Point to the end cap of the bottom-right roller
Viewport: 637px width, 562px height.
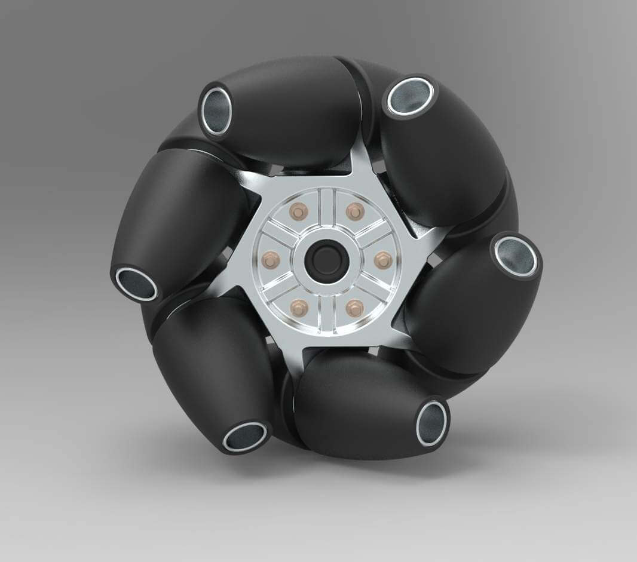431,422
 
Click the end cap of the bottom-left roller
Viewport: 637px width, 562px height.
245,437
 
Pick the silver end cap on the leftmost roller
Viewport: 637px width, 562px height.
136,284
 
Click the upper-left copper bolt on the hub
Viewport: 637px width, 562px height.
297,211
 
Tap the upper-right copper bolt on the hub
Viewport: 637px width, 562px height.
354,211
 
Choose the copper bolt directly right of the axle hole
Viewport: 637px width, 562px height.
382,260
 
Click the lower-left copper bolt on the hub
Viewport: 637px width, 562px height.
297,308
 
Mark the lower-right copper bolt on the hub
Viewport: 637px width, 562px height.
354,308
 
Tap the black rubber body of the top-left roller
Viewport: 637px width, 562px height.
293,113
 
